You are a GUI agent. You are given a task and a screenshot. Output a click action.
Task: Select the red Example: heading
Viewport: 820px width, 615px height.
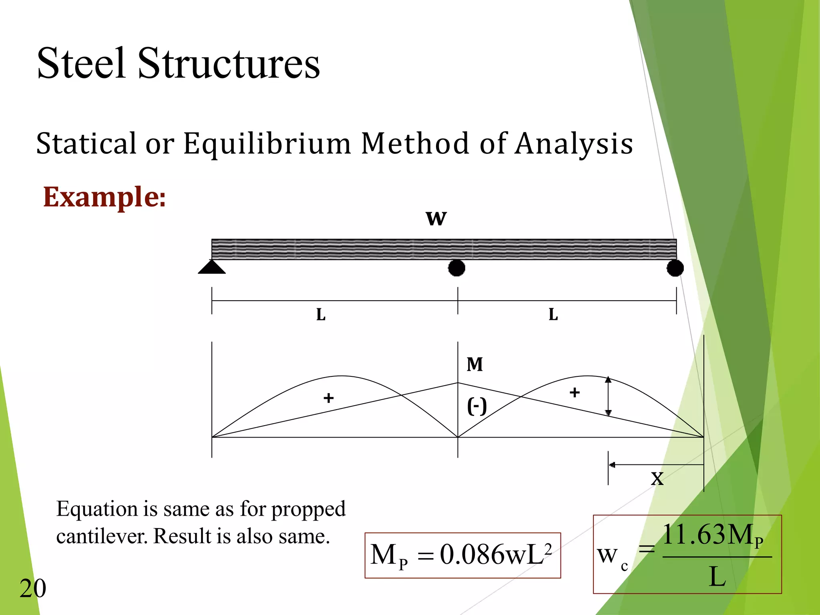104,197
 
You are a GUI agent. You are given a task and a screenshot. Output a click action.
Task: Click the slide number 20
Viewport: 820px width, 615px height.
33,589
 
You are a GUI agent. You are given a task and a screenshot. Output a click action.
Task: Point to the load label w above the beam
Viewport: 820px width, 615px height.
436,219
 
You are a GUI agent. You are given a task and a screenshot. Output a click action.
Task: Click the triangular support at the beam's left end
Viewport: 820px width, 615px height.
212,267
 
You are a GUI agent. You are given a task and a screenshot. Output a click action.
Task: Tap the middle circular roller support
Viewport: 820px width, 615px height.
456,268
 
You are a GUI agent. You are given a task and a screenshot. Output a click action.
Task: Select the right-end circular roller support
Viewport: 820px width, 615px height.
675,268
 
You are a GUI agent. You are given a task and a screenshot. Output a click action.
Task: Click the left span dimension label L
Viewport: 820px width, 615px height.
321,315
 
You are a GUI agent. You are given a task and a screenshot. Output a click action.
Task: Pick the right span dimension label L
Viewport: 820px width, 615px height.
553,315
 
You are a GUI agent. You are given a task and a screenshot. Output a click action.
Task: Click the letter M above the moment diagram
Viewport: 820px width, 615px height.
475,364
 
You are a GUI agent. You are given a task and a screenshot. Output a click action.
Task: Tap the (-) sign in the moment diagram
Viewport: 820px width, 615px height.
477,406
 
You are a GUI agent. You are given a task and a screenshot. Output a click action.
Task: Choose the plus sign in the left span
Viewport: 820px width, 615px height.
329,398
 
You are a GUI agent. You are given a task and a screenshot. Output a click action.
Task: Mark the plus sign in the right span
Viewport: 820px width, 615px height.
575,392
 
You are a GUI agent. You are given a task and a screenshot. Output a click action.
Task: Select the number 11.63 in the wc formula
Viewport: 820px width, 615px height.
694,535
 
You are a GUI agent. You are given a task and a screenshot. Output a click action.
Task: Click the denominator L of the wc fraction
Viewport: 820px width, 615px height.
717,577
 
